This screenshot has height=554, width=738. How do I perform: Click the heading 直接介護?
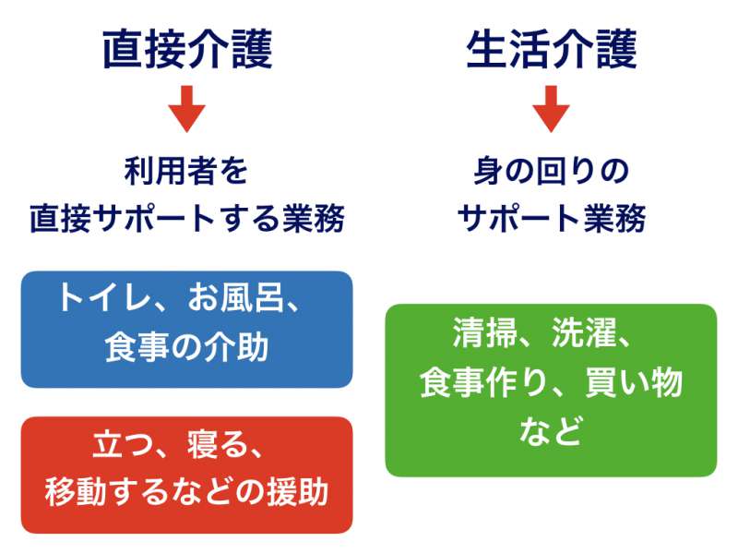pyautogui.click(x=187, y=50)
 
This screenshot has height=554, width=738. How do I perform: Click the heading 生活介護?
pyautogui.click(x=551, y=50)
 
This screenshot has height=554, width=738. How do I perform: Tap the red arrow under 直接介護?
pyautogui.click(x=187, y=109)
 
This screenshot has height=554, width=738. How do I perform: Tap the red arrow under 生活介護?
pyautogui.click(x=551, y=109)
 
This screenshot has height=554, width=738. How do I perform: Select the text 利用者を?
pyautogui.click(x=186, y=171)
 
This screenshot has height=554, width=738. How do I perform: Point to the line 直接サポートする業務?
pyautogui.click(x=187, y=219)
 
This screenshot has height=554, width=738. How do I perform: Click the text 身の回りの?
pyautogui.click(x=551, y=171)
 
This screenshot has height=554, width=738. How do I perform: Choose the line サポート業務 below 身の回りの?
pyautogui.click(x=551, y=219)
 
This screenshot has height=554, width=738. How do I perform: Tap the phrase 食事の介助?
pyautogui.click(x=187, y=348)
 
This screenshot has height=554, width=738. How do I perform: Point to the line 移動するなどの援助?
pyautogui.click(x=187, y=492)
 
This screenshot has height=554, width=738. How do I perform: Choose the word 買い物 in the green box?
pyautogui.click(x=634, y=382)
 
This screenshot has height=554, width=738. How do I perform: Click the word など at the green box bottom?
pyautogui.click(x=551, y=430)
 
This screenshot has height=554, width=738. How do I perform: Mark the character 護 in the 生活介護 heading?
pyautogui.click(x=616, y=50)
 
